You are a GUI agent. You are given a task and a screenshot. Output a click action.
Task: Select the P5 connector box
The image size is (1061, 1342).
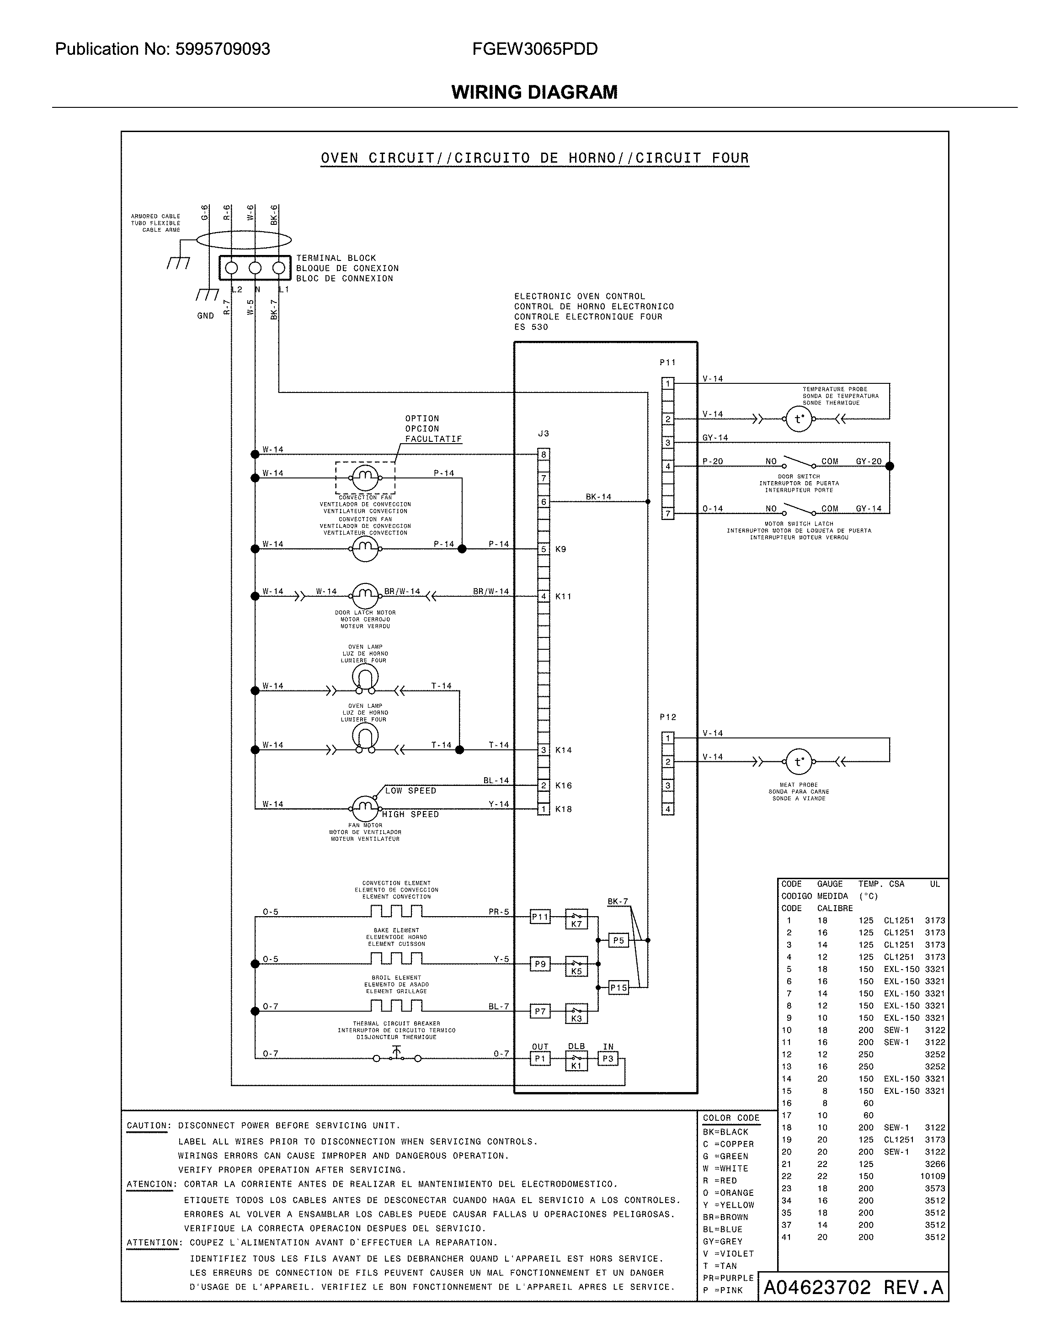pyautogui.click(x=618, y=940)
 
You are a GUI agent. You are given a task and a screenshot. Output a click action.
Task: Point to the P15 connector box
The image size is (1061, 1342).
pyautogui.click(x=618, y=987)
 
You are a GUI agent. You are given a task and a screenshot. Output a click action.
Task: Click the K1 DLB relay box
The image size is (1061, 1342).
pyautogui.click(x=576, y=1061)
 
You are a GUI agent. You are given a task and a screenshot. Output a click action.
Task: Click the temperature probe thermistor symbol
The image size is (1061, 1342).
pyautogui.click(x=799, y=419)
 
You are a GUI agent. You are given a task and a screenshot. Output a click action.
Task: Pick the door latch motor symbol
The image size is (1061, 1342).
pyautogui.click(x=365, y=596)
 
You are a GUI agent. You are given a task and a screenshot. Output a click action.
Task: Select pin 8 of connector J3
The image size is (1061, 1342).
pyautogui.click(x=544, y=455)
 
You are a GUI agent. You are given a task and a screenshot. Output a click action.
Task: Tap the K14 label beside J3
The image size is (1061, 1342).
pyautogui.click(x=564, y=750)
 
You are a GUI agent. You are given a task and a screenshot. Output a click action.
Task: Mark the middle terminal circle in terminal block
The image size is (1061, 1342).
pyautogui.click(x=255, y=268)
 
